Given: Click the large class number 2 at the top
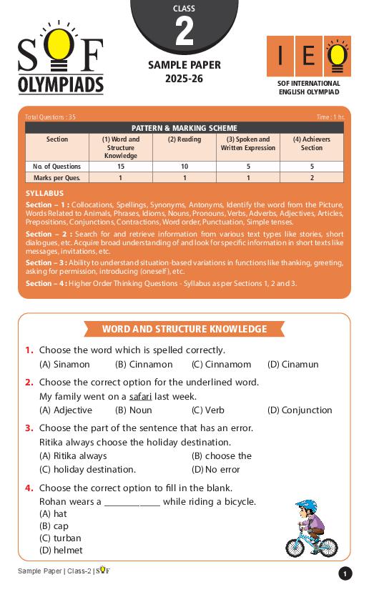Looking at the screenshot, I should coord(184,32).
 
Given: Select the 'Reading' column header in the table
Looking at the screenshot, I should coord(184,139).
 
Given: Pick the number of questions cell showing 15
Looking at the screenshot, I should coord(120,167).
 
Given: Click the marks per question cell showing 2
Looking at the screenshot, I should coord(312,178).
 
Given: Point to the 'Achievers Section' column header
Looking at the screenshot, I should coord(312,144).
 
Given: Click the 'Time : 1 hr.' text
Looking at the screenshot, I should coord(330,117).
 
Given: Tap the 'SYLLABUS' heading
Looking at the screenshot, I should coord(44,193).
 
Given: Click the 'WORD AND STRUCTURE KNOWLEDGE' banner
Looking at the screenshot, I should coord(184,330).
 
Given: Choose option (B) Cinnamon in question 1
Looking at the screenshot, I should coord(139,365).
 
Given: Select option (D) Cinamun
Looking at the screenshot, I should coord(292,365).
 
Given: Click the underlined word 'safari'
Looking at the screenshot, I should coord(140,396).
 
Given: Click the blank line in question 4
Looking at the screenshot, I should coord(132,503).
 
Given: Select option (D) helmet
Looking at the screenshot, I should coord(61,551).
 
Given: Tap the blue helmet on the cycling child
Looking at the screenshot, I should coord(307,507).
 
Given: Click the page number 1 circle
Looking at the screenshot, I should coord(345,573).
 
